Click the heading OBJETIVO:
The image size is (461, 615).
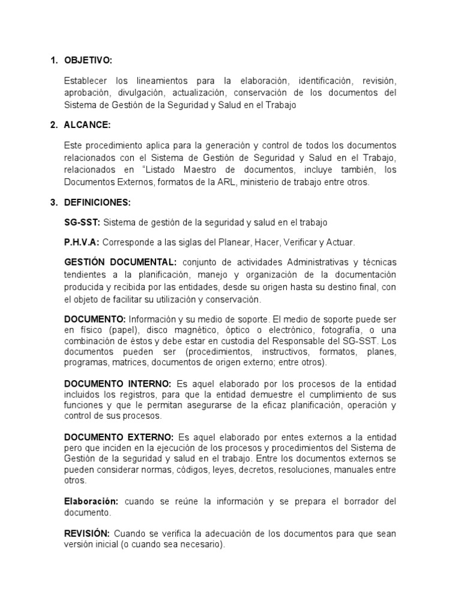(88, 60)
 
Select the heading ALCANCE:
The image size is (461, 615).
(87, 125)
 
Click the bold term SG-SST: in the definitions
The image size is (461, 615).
(82, 222)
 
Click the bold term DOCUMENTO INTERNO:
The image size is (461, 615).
(118, 384)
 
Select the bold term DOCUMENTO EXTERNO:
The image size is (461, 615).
(119, 437)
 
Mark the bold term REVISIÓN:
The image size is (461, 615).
(86, 533)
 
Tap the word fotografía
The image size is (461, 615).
(339, 330)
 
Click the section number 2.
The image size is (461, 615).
(53, 125)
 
